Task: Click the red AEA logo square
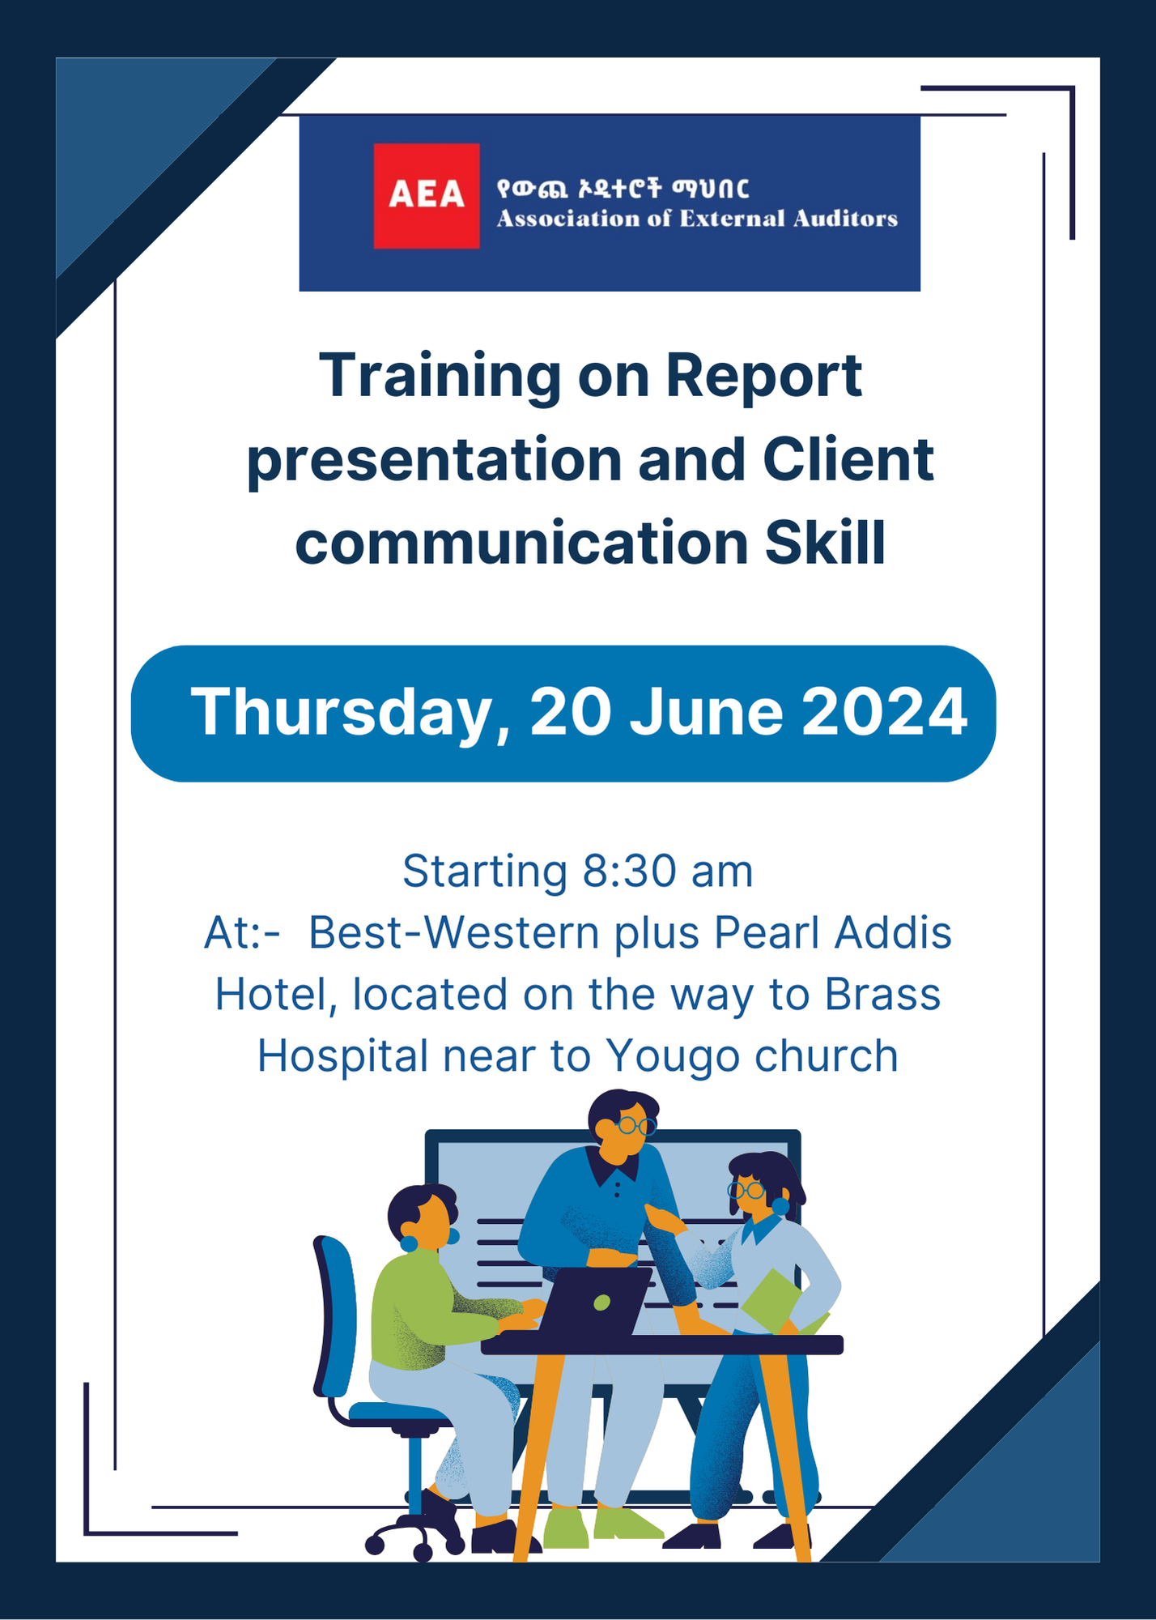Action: [x=426, y=195]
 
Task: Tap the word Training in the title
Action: [x=440, y=377]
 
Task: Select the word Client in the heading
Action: [x=848, y=459]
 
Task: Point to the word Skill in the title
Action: [x=825, y=543]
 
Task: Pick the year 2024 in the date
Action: [x=884, y=712]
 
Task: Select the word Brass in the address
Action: [x=882, y=994]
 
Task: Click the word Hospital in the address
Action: [x=342, y=1055]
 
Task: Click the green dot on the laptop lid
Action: [x=601, y=1302]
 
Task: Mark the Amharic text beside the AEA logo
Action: [x=623, y=189]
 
